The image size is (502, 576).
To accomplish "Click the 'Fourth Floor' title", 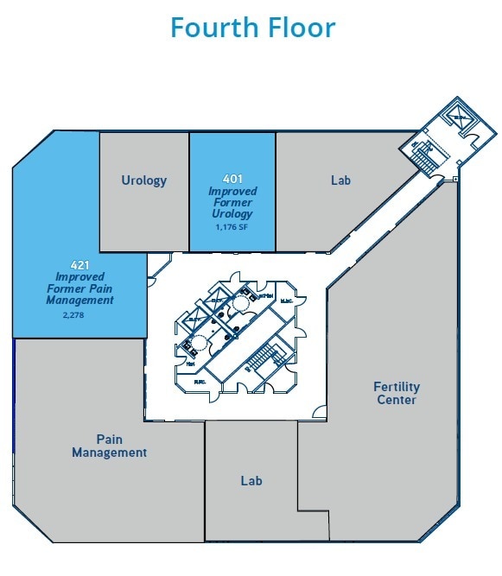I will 252,27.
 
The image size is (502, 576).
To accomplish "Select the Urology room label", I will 143,180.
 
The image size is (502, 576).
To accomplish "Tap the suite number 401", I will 232,179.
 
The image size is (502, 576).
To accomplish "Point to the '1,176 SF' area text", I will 232,225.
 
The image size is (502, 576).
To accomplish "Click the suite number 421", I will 80,263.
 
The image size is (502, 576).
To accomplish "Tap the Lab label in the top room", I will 341,180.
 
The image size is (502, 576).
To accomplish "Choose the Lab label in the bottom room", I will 251,480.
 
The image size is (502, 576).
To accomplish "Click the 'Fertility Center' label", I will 396,393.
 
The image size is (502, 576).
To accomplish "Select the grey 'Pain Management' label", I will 109,446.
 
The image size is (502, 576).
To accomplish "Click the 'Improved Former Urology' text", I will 232,202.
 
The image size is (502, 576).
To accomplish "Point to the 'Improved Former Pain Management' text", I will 79,288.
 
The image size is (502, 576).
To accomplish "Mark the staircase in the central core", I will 260,354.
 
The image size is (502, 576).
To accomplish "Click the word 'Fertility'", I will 397,386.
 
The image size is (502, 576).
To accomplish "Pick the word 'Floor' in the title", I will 296,27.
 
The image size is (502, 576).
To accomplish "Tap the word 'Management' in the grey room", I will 109,452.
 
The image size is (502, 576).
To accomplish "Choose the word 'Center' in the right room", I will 397,400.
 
